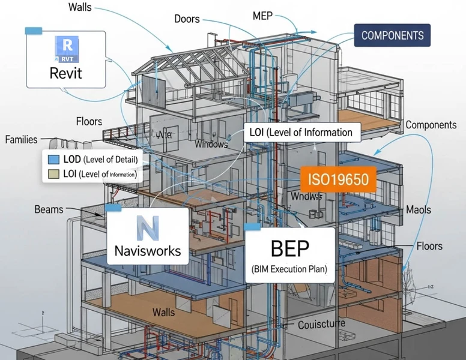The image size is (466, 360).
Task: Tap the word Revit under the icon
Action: point(66,74)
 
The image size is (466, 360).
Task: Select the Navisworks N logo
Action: point(147,228)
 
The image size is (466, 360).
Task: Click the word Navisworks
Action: point(148,250)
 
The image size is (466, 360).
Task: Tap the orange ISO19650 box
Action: point(337,178)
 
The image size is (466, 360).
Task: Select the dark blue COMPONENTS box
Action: point(392,35)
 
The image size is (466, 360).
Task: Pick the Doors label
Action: point(187,19)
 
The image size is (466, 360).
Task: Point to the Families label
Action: point(21,140)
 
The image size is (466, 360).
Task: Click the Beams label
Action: point(49,209)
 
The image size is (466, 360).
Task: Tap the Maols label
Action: point(419,211)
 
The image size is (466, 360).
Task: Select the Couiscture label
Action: point(321,325)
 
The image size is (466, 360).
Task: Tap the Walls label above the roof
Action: point(80,8)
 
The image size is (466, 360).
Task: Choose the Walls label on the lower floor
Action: point(163,312)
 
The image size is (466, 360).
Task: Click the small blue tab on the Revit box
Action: point(32,29)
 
